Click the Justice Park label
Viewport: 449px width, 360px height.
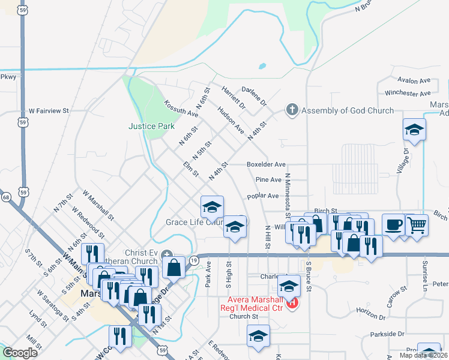(x=151, y=126)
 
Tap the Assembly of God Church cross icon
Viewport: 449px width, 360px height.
(x=292, y=110)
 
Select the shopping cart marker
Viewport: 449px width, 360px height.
(x=417, y=226)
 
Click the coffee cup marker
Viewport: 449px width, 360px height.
(x=393, y=225)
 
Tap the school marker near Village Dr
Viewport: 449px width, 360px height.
(x=414, y=130)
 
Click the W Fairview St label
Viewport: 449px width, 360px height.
(x=49, y=111)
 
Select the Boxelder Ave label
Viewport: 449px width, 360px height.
(x=266, y=164)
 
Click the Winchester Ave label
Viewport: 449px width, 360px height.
(x=408, y=93)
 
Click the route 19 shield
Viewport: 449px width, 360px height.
(x=194, y=260)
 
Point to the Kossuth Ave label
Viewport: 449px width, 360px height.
(x=181, y=109)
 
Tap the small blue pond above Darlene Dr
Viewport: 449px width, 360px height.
(x=262, y=66)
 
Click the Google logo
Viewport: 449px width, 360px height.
(x=20, y=353)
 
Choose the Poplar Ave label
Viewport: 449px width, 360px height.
(x=263, y=196)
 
